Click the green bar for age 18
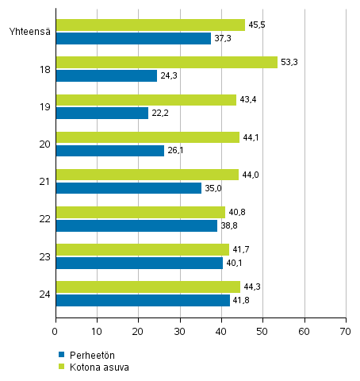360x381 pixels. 167,63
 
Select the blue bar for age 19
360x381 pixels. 101,113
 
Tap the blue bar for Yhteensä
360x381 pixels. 133,38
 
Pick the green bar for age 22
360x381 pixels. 140,212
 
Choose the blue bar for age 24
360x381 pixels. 143,300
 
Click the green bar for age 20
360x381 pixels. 147,137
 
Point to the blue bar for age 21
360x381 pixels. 128,188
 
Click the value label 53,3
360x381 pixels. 290,63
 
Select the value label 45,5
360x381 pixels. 257,25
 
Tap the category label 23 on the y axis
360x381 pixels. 45,256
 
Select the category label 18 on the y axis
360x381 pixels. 45,69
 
